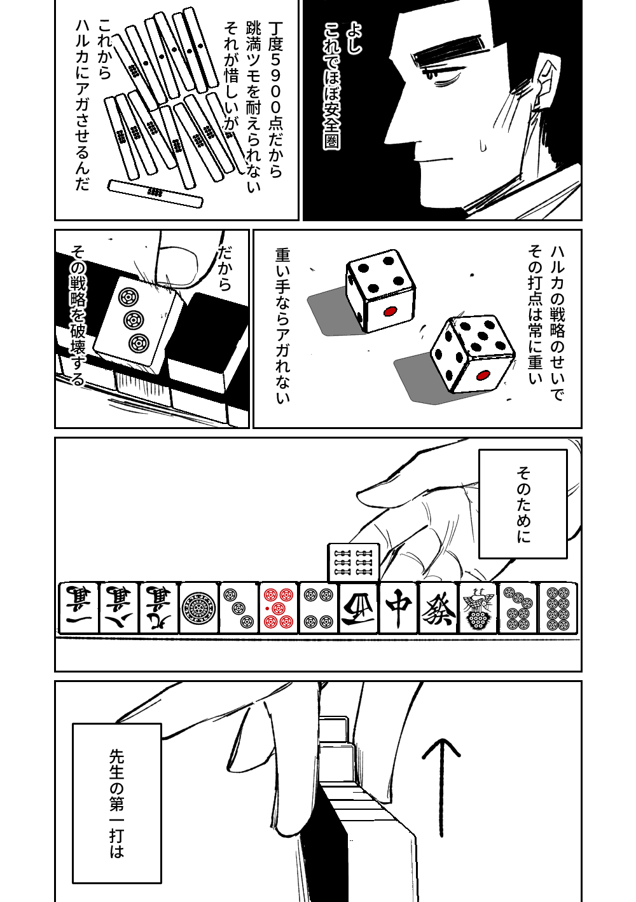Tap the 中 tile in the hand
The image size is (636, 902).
[x=399, y=608]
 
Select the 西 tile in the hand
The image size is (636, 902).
[x=359, y=608]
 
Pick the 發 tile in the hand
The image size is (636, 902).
[x=438, y=608]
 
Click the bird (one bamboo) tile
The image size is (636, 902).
[x=478, y=608]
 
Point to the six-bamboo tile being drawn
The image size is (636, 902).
[x=354, y=563]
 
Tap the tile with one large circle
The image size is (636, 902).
[x=199, y=608]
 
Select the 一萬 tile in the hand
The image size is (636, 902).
[x=79, y=608]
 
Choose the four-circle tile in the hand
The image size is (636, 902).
[x=319, y=608]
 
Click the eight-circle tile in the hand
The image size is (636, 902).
[x=558, y=608]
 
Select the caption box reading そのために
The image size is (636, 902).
[x=523, y=503]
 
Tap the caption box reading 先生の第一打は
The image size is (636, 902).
[x=116, y=803]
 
